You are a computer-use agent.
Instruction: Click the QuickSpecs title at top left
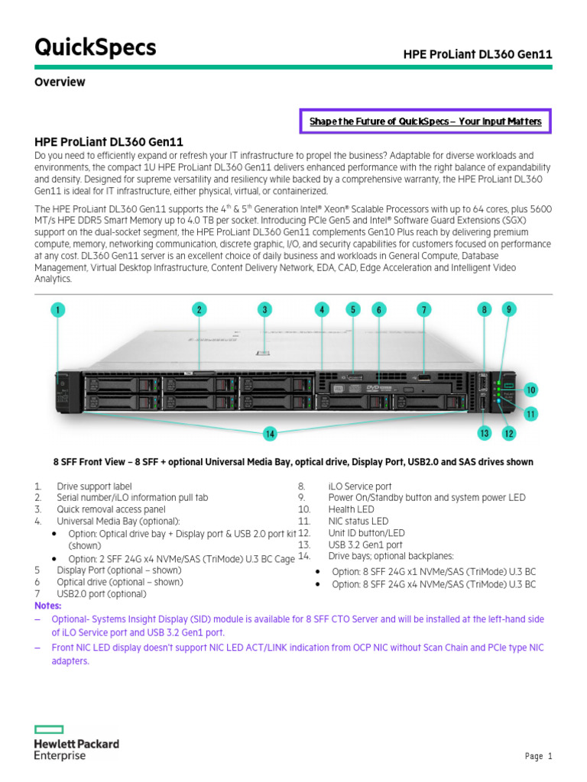coord(96,47)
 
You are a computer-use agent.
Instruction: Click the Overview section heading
coord(60,82)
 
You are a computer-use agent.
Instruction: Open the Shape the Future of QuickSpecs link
coord(425,121)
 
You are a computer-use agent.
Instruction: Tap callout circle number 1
coord(59,309)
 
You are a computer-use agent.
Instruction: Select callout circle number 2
coord(199,309)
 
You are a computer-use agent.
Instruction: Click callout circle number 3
coord(264,309)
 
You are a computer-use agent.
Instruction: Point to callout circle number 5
coord(352,309)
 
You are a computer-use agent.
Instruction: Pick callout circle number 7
coord(424,309)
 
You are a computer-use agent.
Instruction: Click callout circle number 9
coord(509,309)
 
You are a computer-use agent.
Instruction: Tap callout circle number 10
coord(530,390)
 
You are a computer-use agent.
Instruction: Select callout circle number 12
coord(509,433)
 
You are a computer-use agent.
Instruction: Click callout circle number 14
coord(269,434)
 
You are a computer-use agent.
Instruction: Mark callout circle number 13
coord(484,433)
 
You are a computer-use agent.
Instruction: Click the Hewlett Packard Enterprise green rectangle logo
coord(49,729)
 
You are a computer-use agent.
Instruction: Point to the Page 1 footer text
coord(538,756)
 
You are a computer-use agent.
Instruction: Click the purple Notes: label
coord(48,605)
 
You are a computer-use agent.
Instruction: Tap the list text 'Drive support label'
coord(94,486)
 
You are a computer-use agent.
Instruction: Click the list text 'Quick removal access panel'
coord(111,509)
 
